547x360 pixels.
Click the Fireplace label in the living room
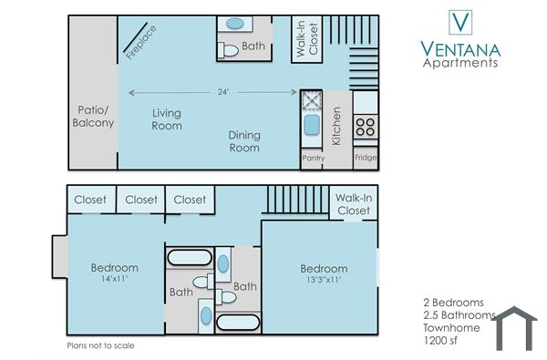141,42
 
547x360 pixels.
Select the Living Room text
166,119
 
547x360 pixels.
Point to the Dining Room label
243,140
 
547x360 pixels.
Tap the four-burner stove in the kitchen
366,126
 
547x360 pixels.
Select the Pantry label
313,158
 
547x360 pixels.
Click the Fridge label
366,158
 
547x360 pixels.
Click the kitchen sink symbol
312,125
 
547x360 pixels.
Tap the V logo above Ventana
460,21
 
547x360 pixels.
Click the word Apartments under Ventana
460,63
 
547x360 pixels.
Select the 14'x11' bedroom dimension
114,280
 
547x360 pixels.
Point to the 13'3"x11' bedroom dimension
324,282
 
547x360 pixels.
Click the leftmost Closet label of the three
89,200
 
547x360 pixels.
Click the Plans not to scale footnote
100,346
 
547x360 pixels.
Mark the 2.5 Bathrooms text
459,314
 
